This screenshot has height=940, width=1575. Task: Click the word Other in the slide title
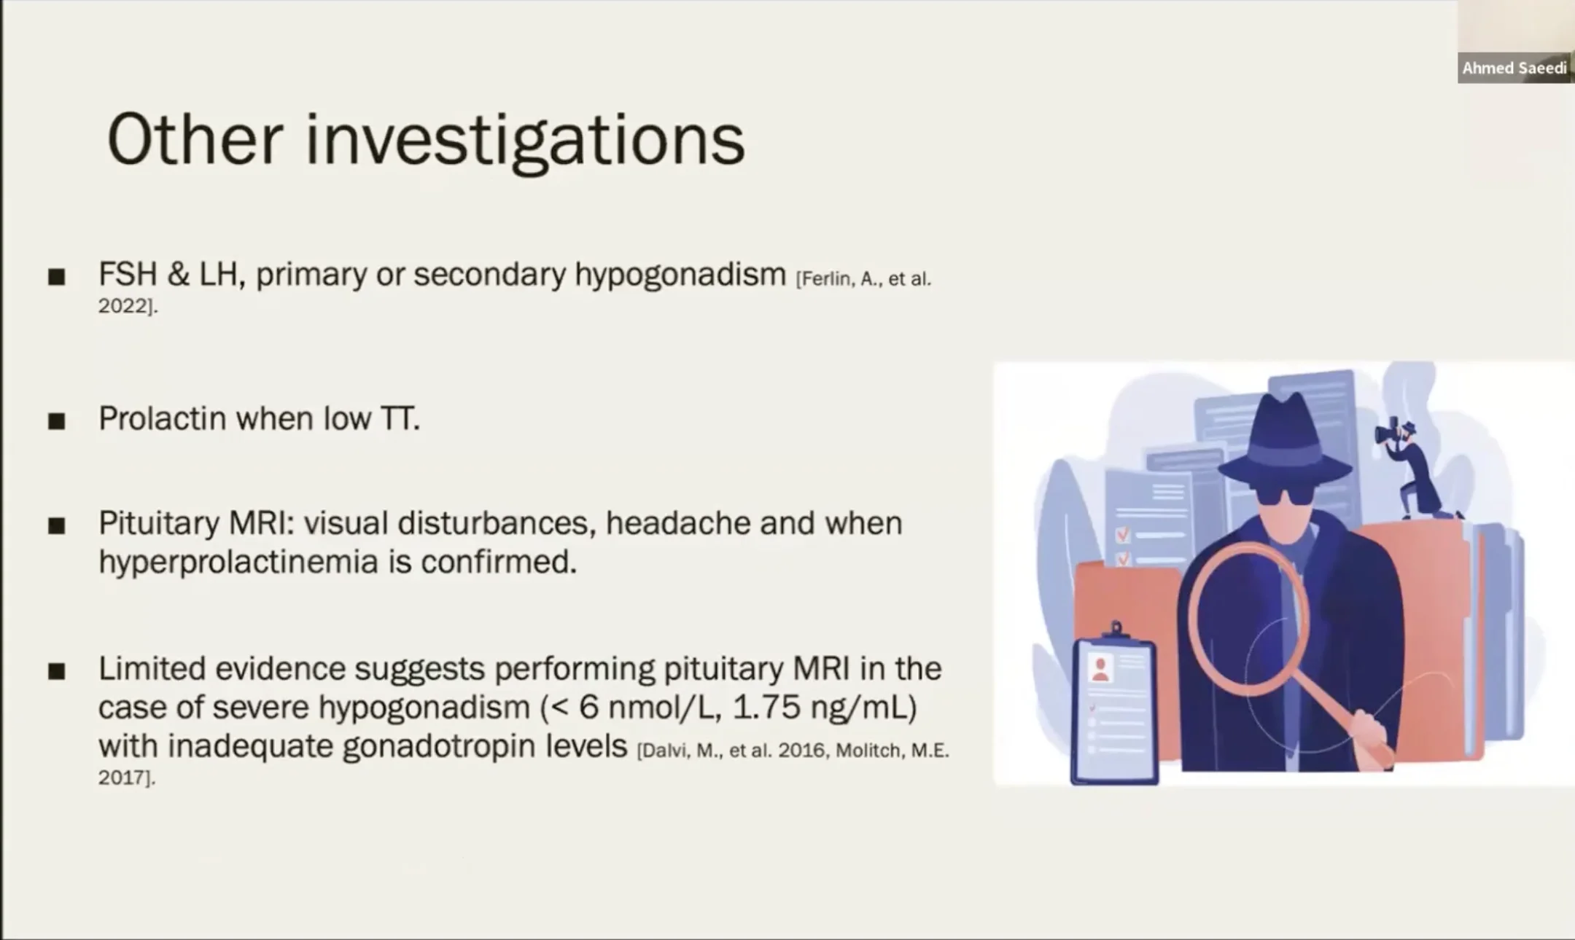(x=195, y=139)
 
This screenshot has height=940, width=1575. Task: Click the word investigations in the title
(x=525, y=143)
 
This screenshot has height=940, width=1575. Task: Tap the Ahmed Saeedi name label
(x=1514, y=68)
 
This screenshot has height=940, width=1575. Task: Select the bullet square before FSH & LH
(x=57, y=277)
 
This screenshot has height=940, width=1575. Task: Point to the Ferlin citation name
(x=825, y=279)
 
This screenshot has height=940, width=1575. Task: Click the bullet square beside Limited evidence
(x=57, y=671)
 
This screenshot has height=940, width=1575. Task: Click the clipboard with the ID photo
(x=1113, y=704)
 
